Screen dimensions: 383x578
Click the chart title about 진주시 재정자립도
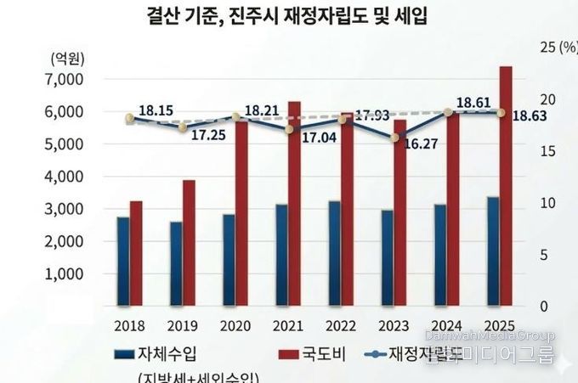(x=289, y=15)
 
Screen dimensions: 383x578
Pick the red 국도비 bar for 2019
(x=189, y=242)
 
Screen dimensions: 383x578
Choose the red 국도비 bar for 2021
(x=294, y=203)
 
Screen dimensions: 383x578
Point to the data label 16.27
(x=421, y=144)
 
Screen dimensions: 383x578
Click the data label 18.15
(x=156, y=110)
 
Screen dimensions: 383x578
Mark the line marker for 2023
(x=394, y=138)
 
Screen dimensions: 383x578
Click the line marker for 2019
(x=183, y=127)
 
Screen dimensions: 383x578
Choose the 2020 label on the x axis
(x=235, y=326)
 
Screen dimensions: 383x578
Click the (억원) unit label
(x=66, y=59)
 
